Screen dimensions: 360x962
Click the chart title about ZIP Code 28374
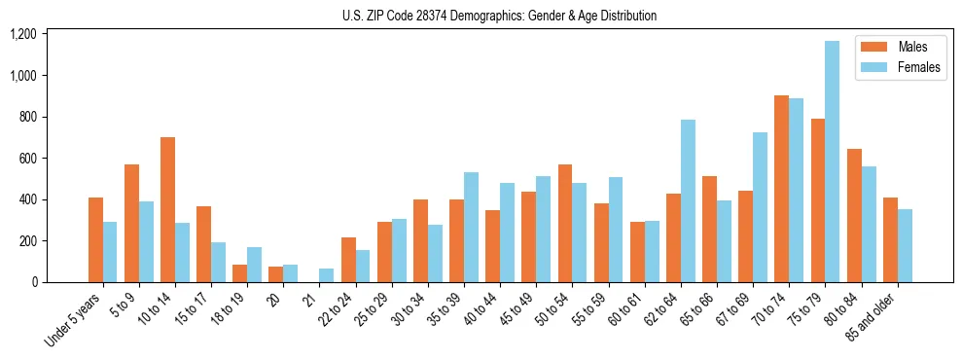[x=499, y=16]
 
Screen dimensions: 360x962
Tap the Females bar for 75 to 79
[x=832, y=162]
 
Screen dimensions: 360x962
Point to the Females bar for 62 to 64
[x=688, y=200]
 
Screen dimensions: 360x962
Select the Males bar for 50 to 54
[x=565, y=223]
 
